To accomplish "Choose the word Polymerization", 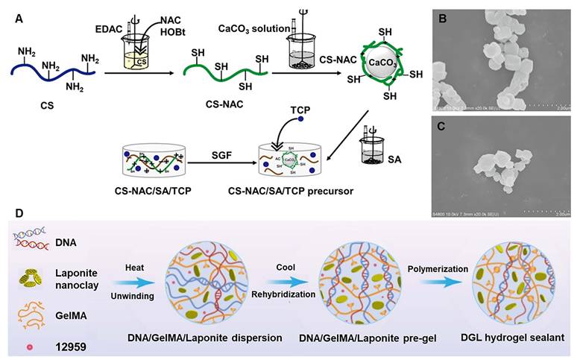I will [x=443, y=267].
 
